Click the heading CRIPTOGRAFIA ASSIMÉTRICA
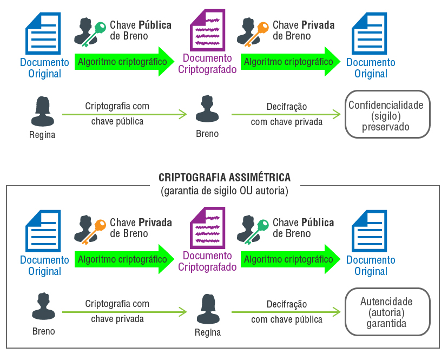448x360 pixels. [224, 178]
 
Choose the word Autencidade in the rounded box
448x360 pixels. [386, 302]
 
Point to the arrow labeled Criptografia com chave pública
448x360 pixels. [124, 114]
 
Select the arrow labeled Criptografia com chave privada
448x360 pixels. [124, 311]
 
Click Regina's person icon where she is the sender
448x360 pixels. [42, 111]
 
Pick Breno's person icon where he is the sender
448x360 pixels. [43, 306]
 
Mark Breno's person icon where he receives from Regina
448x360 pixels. [207, 110]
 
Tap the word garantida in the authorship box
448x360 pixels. [386, 324]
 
